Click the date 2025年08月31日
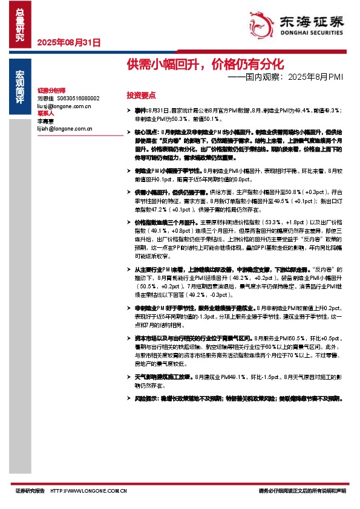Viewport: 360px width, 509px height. (x=68, y=43)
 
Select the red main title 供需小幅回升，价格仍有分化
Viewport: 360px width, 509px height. (x=205, y=63)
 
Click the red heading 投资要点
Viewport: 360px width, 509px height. (x=141, y=95)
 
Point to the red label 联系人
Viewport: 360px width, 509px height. (x=45, y=113)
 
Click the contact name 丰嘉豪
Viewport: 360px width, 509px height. (x=46, y=121)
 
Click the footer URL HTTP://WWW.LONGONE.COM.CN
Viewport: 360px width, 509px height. (x=89, y=491)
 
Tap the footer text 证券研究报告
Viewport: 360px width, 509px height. (x=30, y=491)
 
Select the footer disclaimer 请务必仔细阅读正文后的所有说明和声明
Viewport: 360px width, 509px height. (x=302, y=491)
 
